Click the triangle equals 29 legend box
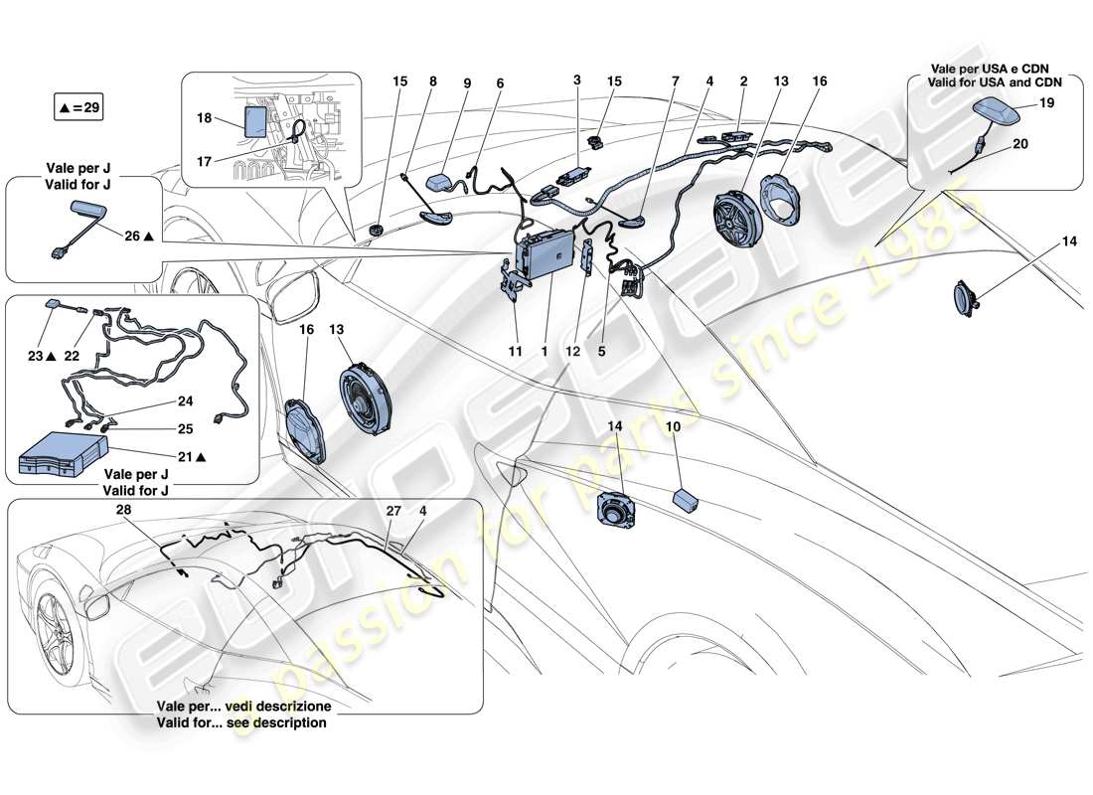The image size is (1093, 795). pyautogui.click(x=78, y=106)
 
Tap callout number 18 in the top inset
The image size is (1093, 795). pyautogui.click(x=204, y=117)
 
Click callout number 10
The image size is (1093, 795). pyautogui.click(x=673, y=426)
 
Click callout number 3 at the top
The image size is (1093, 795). pyautogui.click(x=576, y=79)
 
